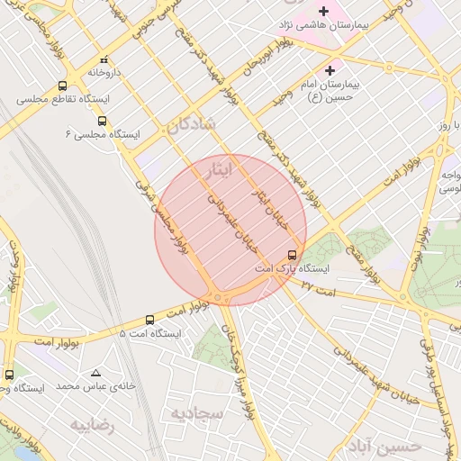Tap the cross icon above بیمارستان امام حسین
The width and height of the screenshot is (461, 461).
point(330,69)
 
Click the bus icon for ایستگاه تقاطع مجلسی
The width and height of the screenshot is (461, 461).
point(62,86)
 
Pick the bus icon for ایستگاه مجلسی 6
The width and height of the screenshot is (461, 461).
point(101,120)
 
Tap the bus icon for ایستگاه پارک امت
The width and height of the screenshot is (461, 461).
point(292,255)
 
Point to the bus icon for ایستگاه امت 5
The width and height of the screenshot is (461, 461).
point(150,320)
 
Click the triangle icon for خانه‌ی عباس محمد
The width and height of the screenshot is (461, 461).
point(95,372)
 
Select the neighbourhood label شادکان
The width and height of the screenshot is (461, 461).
point(191,125)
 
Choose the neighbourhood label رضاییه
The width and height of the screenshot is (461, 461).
point(93,425)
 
